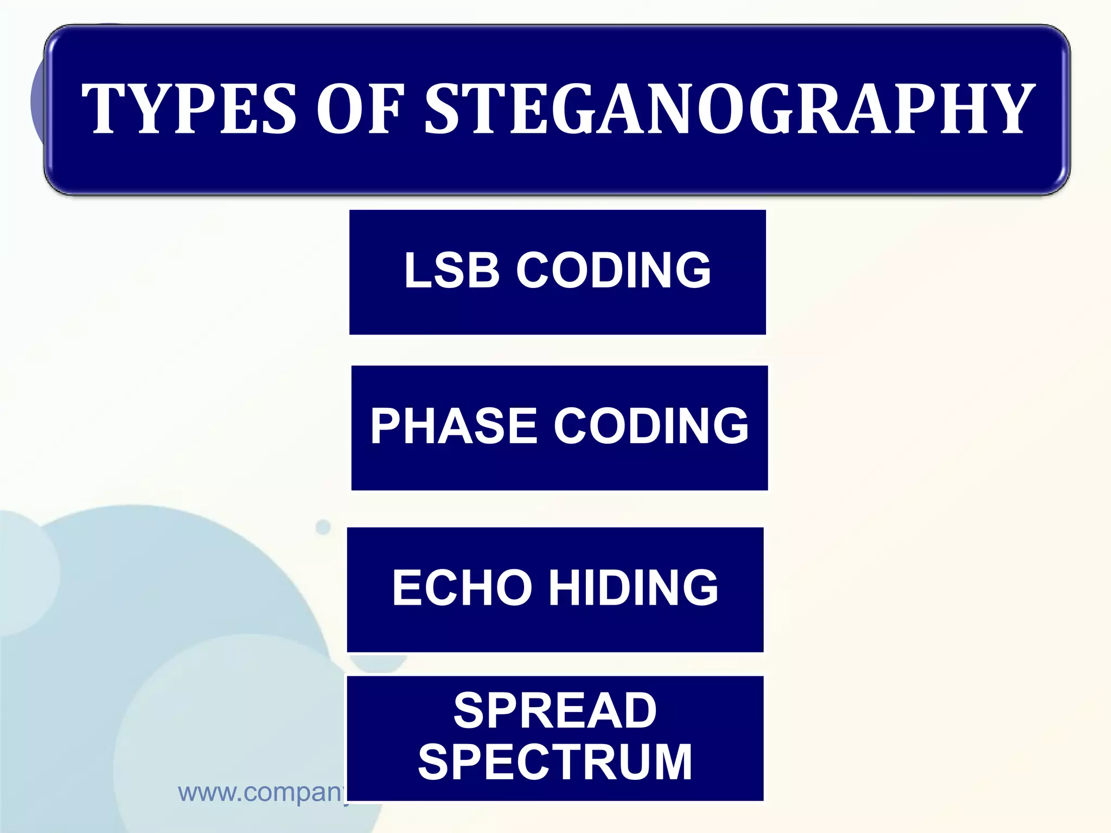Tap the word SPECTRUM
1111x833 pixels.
pyautogui.click(x=555, y=762)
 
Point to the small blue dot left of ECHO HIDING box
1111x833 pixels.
pyautogui.click(x=323, y=527)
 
